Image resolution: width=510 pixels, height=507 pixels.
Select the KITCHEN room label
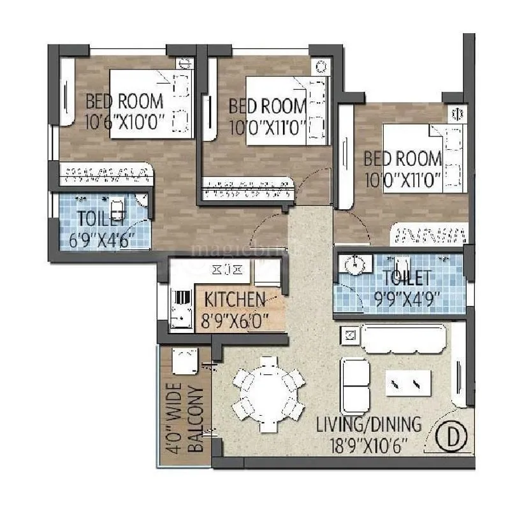235,298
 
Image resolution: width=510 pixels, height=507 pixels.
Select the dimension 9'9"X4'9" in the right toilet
406,297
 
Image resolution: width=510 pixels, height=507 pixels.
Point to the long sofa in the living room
402,337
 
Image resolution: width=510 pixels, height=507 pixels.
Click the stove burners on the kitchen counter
229,270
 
